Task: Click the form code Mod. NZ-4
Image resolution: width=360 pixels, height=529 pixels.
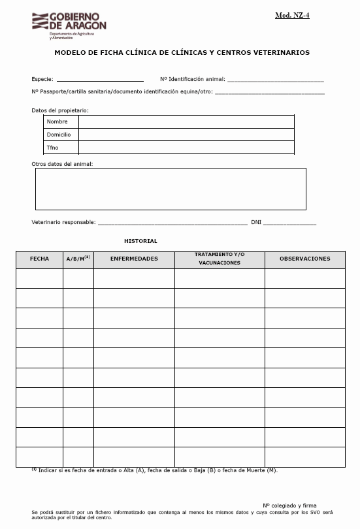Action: [x=292, y=15]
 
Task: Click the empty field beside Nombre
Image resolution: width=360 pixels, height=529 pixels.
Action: [x=186, y=122]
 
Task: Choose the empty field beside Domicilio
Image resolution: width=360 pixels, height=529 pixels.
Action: [x=186, y=135]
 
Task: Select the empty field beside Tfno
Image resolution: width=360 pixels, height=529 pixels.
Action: [x=186, y=148]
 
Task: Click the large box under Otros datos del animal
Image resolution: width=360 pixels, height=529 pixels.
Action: [x=170, y=189]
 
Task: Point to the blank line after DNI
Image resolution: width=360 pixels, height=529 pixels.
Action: [x=289, y=223]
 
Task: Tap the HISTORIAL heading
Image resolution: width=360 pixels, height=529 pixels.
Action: [x=140, y=241]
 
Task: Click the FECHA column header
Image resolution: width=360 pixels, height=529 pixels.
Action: [x=39, y=259]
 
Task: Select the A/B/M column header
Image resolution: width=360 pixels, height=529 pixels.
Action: [x=78, y=259]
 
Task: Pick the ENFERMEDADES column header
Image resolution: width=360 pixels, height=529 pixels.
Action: [x=134, y=259]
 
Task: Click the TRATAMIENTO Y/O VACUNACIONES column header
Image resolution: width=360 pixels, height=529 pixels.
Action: [x=220, y=259]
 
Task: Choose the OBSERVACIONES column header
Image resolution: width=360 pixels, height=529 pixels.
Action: [x=304, y=259]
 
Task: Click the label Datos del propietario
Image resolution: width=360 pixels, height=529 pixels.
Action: [x=60, y=110]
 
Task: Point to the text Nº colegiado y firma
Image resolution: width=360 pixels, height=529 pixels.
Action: [x=289, y=505]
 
